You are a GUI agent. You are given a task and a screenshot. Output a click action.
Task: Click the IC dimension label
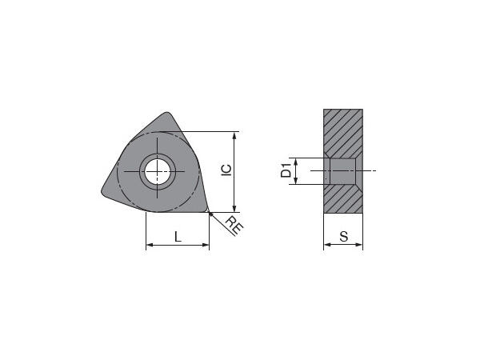click(x=226, y=170)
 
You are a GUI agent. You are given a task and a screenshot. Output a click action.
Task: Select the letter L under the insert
click(x=177, y=237)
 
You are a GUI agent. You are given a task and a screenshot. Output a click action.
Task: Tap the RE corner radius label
click(x=233, y=225)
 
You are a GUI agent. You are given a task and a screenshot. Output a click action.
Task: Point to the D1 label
click(x=284, y=170)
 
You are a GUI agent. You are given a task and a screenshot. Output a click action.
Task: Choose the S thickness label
click(x=342, y=237)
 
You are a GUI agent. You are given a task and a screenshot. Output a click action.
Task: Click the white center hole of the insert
click(x=158, y=170)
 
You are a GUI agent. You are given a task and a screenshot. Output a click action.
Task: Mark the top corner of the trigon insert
click(x=166, y=114)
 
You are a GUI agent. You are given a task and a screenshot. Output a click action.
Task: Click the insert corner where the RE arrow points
click(x=207, y=211)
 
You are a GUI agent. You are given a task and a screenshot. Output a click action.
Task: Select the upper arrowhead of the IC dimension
click(x=234, y=134)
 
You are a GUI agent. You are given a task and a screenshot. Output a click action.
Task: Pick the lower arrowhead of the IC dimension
click(x=234, y=209)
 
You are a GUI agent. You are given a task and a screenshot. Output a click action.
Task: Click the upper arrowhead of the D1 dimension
click(x=297, y=160)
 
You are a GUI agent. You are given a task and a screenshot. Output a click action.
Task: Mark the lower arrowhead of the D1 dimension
click(x=297, y=182)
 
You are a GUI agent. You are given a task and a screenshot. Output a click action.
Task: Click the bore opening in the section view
click(x=342, y=171)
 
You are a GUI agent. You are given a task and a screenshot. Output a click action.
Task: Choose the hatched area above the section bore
click(x=342, y=132)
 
